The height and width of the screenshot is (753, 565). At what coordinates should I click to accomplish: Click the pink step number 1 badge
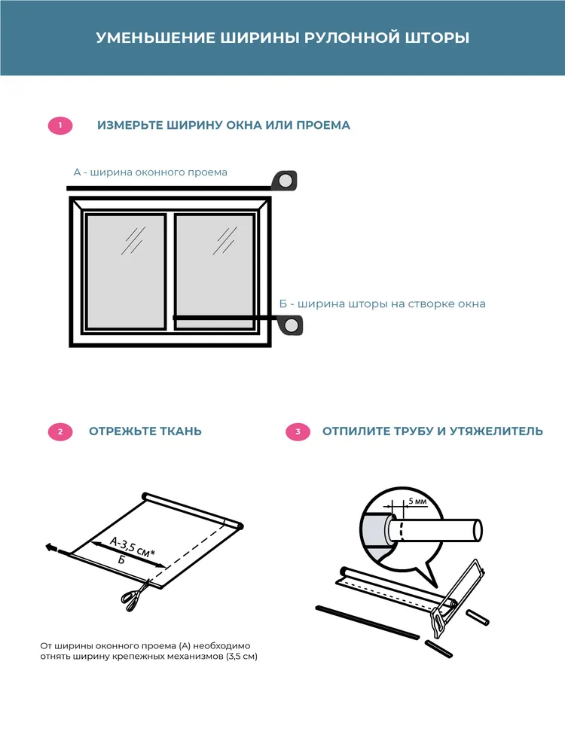pyautogui.click(x=60, y=126)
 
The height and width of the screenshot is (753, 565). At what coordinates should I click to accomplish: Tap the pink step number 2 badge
pyautogui.click(x=60, y=431)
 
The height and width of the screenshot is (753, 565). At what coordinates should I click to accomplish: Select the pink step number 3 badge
pyautogui.click(x=298, y=431)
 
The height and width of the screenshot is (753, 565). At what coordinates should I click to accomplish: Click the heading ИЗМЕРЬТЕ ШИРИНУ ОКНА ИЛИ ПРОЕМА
pyautogui.click(x=224, y=125)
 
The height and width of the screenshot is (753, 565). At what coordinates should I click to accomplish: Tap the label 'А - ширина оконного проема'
pyautogui.click(x=150, y=172)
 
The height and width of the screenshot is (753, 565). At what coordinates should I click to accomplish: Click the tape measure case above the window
pyautogui.click(x=286, y=181)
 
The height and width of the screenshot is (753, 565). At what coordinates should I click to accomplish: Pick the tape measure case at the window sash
pyautogui.click(x=291, y=325)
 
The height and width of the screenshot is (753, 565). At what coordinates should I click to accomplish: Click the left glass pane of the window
pyautogui.click(x=125, y=271)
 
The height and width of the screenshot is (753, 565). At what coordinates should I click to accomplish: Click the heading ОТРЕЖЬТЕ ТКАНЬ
pyautogui.click(x=145, y=431)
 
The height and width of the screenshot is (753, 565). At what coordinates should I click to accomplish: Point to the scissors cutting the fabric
pyautogui.click(x=133, y=596)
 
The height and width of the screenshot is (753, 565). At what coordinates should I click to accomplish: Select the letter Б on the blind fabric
pyautogui.click(x=121, y=561)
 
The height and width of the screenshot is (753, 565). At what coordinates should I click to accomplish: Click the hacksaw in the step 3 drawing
pyautogui.click(x=457, y=595)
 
